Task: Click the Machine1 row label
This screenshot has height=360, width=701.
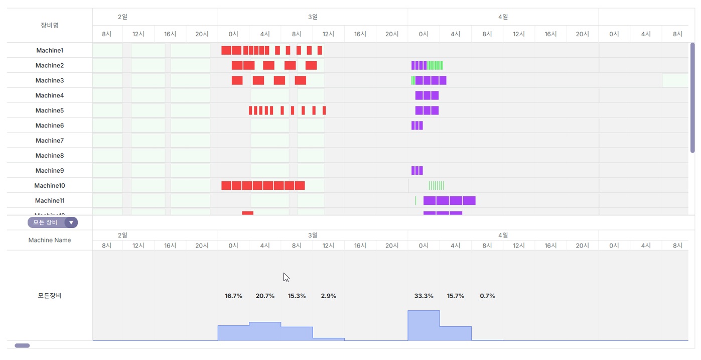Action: pos(50,50)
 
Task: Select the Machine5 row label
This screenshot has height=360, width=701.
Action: pos(50,110)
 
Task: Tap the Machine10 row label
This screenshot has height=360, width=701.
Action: pos(50,186)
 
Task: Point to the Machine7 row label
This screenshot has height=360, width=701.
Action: pos(50,141)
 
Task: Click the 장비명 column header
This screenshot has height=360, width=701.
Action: pos(50,25)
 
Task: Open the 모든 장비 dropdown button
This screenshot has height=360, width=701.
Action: pos(71,222)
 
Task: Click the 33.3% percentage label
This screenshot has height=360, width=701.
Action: pos(424,296)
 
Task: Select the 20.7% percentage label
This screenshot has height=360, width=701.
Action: pos(265,296)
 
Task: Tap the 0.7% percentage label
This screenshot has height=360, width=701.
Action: pos(487,296)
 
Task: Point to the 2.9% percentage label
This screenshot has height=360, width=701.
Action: pos(329,296)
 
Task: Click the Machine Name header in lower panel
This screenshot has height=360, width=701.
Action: pos(50,240)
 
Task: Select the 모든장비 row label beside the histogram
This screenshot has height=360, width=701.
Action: pos(50,296)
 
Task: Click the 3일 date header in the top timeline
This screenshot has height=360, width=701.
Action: pos(313,17)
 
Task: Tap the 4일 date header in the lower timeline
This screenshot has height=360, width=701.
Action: pos(503,235)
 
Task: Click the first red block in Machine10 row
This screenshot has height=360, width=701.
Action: pos(226,186)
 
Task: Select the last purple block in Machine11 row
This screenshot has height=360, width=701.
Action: pos(469,201)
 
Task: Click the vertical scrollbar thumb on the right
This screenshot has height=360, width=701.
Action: pos(692,98)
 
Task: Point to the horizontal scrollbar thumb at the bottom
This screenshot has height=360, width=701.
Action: pos(22,345)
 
